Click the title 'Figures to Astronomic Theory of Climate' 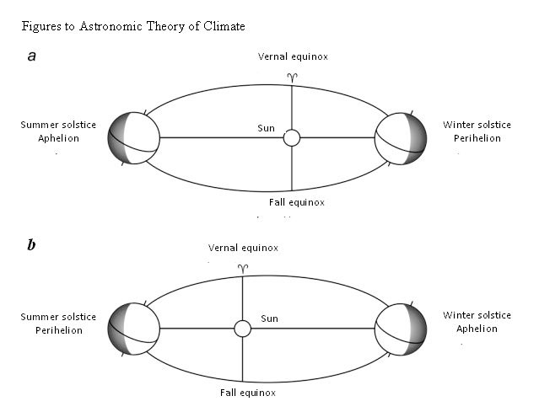(133, 27)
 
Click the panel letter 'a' (31, 56)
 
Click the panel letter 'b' (31, 245)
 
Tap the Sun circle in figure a (292, 137)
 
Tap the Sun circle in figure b (243, 328)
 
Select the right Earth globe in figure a (401, 137)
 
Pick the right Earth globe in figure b (401, 328)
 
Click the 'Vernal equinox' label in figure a (293, 56)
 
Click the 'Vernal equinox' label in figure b (244, 248)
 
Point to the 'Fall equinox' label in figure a (291, 202)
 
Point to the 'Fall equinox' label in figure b (242, 393)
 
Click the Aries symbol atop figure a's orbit (292, 77)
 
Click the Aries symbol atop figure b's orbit (243, 267)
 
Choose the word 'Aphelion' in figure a (58, 138)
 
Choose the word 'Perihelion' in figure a (477, 138)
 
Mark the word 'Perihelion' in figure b (58, 330)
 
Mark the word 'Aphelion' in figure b (477, 329)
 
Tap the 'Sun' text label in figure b (269, 318)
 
